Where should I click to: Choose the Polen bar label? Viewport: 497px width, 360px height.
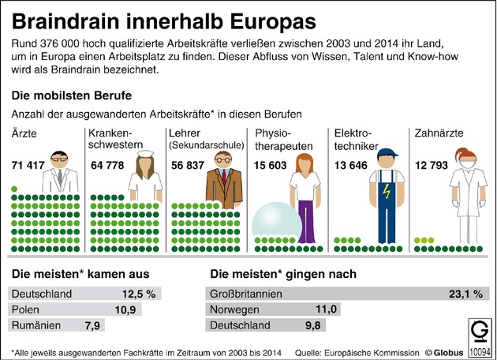pyautogui.click(x=26, y=309)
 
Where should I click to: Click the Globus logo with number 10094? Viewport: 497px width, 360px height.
pyautogui.click(x=479, y=338)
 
